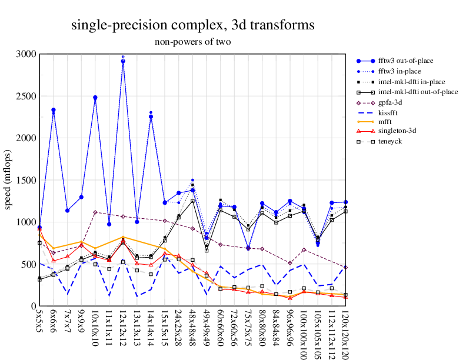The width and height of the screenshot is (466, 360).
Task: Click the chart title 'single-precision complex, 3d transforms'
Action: coord(193,25)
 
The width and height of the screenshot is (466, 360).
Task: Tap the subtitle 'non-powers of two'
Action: coord(193,42)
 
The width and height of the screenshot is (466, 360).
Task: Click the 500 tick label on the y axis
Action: coord(29,264)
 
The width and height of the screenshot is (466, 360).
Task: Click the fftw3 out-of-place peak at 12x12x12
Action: coord(123,61)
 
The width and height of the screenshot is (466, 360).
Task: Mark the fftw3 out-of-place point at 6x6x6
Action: coord(54,110)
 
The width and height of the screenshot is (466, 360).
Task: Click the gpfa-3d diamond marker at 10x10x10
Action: coord(95,212)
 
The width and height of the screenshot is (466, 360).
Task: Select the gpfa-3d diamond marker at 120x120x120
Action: coord(345,267)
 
